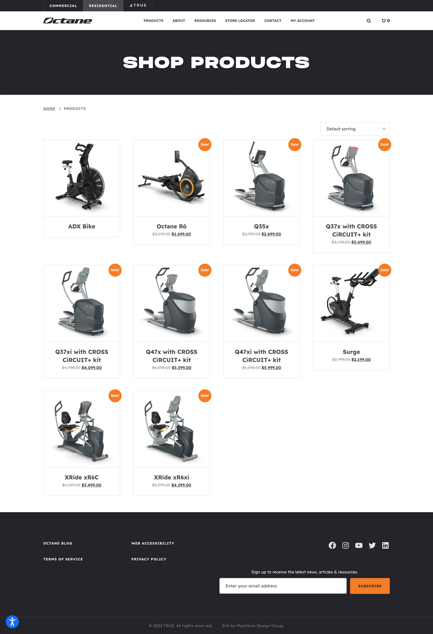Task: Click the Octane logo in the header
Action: (x=68, y=21)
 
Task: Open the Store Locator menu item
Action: (x=240, y=21)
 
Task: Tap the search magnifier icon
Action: (x=369, y=21)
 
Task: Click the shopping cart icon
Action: (x=383, y=21)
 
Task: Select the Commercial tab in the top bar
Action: (x=63, y=6)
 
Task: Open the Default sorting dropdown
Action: (x=355, y=129)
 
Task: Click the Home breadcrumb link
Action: (x=49, y=109)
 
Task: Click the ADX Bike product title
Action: (x=82, y=226)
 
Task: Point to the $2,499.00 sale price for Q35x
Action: (x=271, y=234)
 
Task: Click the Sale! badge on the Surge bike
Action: (x=385, y=270)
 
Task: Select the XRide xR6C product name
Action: (x=82, y=477)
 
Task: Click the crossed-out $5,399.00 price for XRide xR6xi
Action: (x=161, y=485)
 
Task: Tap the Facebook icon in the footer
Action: (x=332, y=545)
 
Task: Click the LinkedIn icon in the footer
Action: (x=385, y=545)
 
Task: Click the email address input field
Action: (x=283, y=586)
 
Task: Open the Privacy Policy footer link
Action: (x=149, y=559)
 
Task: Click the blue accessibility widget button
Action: (x=12, y=622)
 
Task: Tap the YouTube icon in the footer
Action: (x=359, y=545)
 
